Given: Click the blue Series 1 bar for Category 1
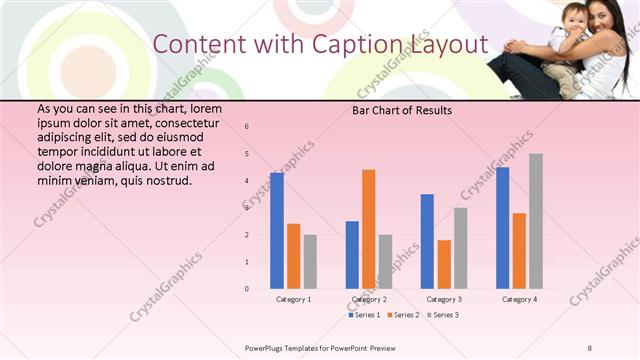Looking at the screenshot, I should [277, 231].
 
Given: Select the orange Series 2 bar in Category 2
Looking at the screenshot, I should [369, 229].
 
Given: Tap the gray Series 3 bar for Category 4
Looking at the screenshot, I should [536, 221].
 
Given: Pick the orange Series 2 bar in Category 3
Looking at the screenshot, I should [444, 264].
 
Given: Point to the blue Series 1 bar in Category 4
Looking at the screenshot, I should [502, 228].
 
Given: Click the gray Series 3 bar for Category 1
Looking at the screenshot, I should [310, 262].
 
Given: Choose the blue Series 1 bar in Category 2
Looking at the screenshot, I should [352, 255].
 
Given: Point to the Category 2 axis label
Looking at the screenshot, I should [369, 299].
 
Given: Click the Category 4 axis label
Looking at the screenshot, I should [519, 299].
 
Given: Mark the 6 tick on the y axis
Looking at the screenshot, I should [247, 127].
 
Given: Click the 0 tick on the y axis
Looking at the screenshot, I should [247, 289].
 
